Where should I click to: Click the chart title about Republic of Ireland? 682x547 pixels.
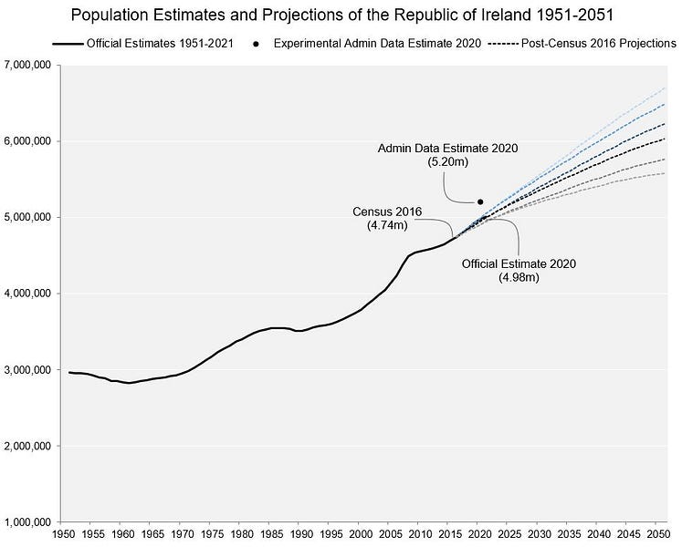click(x=341, y=15)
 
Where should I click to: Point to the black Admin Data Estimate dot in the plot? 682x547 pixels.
click(x=480, y=201)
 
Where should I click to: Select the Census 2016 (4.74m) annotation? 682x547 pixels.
click(x=387, y=219)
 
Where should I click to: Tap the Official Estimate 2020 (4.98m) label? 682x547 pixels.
click(x=519, y=271)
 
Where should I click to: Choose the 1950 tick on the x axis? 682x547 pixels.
click(x=64, y=533)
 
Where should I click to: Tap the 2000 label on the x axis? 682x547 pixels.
click(x=362, y=533)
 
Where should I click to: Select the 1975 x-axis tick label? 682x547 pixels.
click(x=213, y=533)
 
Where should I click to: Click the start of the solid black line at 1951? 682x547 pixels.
click(x=69, y=372)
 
